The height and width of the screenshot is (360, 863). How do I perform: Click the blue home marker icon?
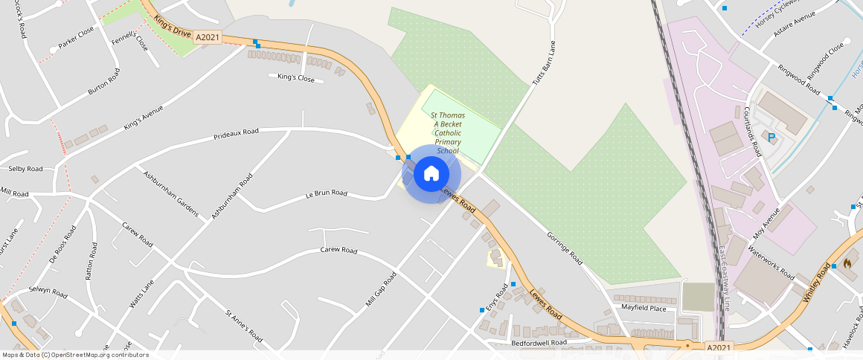[431, 174]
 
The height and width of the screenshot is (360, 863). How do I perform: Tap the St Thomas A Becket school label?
[447, 133]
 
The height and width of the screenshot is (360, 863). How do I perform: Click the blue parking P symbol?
[771, 137]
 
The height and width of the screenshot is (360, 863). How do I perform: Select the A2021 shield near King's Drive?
[208, 36]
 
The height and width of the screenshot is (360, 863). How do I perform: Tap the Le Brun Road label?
[327, 193]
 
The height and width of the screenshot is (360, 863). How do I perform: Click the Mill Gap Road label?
[381, 290]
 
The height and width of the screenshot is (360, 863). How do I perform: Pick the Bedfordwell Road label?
[539, 343]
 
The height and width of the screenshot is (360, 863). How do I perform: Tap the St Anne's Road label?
[243, 325]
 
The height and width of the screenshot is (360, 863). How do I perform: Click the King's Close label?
[296, 77]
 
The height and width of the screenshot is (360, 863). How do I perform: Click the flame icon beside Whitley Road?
[847, 264]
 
